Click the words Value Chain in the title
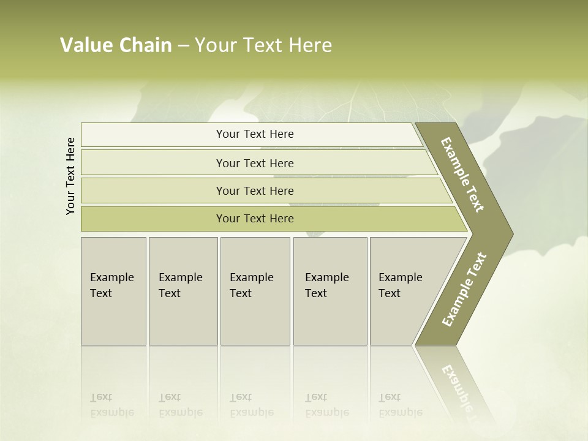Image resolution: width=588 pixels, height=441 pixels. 116,45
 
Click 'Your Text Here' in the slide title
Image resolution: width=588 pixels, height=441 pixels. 263,45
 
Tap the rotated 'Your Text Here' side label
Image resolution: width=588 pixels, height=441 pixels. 70,176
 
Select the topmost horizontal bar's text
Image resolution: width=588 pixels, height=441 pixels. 255,134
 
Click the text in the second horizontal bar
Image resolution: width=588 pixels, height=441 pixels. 255,164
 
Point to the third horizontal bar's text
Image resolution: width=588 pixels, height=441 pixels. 255,191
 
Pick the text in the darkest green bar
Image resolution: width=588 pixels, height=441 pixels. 255,219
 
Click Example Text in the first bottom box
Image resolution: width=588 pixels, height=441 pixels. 111,285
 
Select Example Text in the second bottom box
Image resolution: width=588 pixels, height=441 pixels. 180,285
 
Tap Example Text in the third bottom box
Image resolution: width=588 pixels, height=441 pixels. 251,285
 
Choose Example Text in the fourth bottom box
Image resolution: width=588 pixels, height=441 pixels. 326,285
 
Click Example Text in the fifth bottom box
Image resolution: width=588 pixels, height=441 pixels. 400,285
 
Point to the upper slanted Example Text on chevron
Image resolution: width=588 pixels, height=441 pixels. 462,175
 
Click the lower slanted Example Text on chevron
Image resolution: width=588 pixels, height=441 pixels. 464,290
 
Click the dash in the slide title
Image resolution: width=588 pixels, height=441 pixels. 183,45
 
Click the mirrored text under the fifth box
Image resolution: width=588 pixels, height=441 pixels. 400,405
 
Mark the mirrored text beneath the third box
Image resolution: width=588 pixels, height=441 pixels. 251,405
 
